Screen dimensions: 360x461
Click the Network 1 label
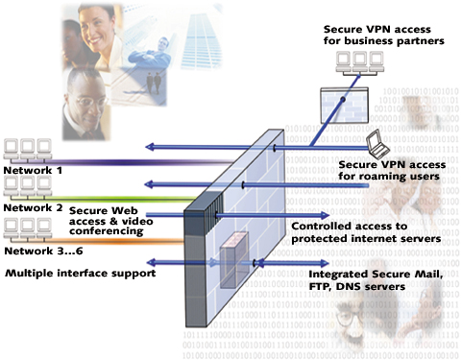click(33, 171)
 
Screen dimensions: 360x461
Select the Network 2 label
click(33, 206)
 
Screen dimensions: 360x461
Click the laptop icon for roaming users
click(379, 145)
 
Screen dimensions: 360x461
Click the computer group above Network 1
click(29, 149)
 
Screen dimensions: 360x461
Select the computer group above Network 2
click(29, 186)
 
